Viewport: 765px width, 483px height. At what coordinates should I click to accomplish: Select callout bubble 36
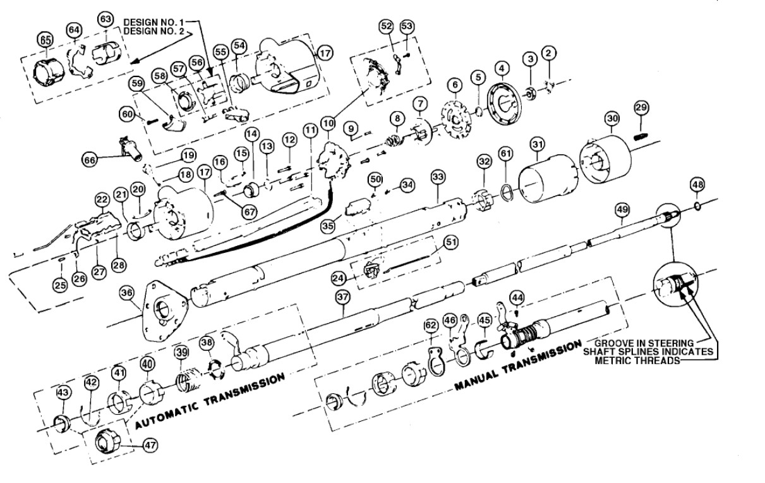[127, 293]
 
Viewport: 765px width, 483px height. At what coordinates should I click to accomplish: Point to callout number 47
[150, 444]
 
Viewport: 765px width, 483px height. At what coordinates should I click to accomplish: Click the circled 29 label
[641, 109]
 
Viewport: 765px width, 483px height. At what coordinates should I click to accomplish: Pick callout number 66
[92, 161]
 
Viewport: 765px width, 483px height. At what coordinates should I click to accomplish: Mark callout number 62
[431, 326]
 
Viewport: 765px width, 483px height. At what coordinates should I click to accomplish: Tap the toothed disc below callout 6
[453, 121]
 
